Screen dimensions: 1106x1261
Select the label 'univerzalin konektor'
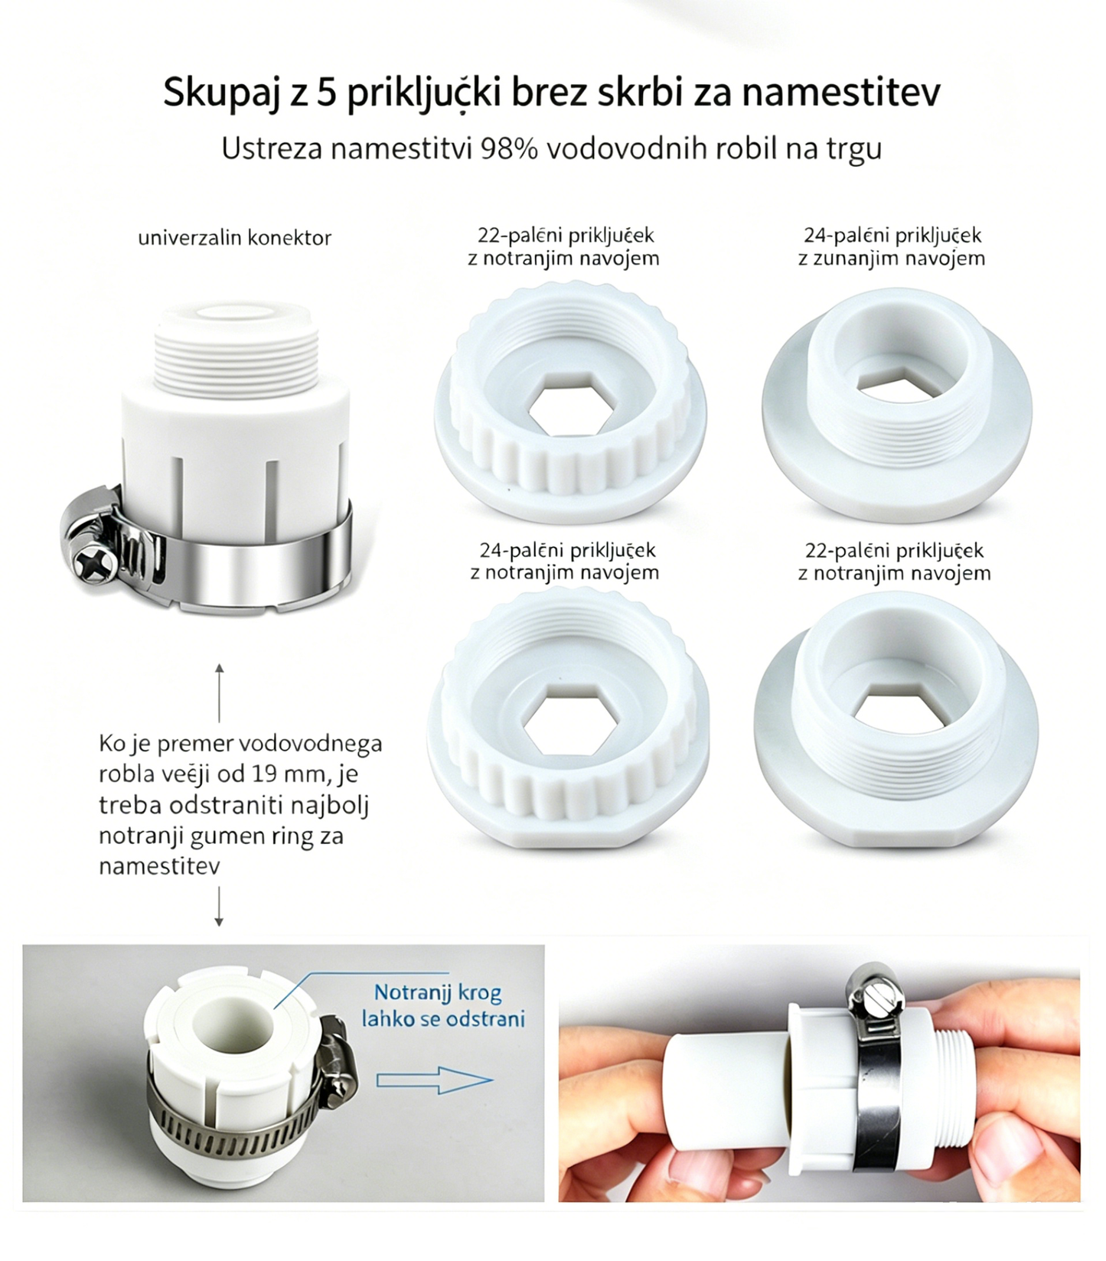(x=234, y=238)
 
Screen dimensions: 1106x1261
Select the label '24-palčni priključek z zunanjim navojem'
(x=892, y=246)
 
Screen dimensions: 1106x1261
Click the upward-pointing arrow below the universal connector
(x=219, y=693)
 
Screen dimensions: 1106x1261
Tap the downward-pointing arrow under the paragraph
(x=219, y=907)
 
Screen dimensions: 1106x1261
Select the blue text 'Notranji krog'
(x=438, y=992)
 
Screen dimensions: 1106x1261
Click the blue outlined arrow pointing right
(x=434, y=1080)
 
